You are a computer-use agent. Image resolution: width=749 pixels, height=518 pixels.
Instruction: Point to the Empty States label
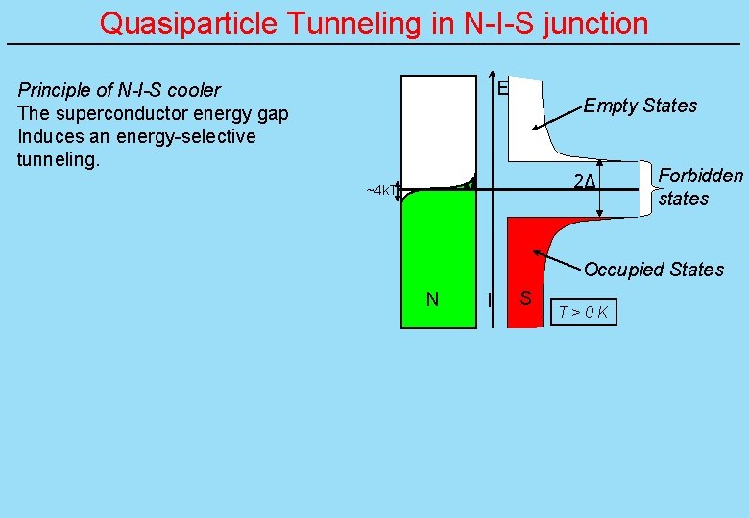pyautogui.click(x=640, y=106)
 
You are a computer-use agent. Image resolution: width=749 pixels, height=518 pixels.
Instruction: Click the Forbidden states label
pyautogui.click(x=700, y=187)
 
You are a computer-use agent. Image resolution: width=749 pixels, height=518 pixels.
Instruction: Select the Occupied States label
pyautogui.click(x=653, y=270)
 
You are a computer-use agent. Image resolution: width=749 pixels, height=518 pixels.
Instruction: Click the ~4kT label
pyautogui.click(x=379, y=190)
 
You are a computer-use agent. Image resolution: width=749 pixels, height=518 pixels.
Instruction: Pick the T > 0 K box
pyautogui.click(x=584, y=312)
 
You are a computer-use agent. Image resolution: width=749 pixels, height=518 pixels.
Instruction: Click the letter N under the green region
pyautogui.click(x=432, y=299)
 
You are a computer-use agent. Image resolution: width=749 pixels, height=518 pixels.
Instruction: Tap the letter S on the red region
pyautogui.click(x=525, y=298)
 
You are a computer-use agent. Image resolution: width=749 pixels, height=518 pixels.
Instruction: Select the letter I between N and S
pyautogui.click(x=490, y=300)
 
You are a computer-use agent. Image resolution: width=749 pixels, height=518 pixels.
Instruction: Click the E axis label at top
pyautogui.click(x=502, y=88)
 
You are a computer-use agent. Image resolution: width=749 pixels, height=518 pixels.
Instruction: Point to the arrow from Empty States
pyautogui.click(x=557, y=117)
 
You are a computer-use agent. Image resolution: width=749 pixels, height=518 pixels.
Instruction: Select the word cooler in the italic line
pyautogui.click(x=194, y=90)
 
